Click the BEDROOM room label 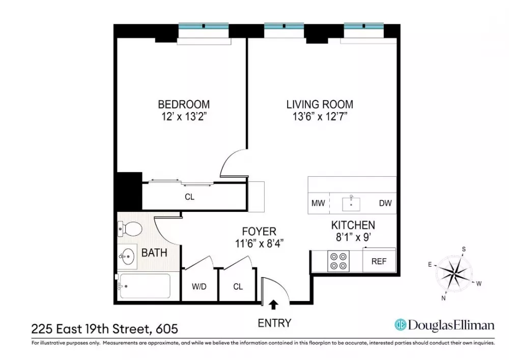[x=184, y=104]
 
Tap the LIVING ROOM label [x=320, y=104]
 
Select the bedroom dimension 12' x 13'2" [x=184, y=116]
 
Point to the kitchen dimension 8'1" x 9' [x=353, y=237]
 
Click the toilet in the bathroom [x=130, y=229]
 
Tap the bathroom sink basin [x=127, y=257]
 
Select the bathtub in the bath [x=145, y=286]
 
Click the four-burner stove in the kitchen [x=338, y=261]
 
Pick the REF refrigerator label [x=379, y=261]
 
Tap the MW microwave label [x=318, y=203]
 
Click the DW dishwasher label [x=385, y=203]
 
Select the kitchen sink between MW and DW [x=351, y=204]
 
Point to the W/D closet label [x=199, y=287]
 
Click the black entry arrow [x=274, y=304]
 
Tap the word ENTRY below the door [x=275, y=323]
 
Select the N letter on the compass [x=443, y=298]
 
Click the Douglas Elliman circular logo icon [x=400, y=325]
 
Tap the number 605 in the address [x=167, y=329]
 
